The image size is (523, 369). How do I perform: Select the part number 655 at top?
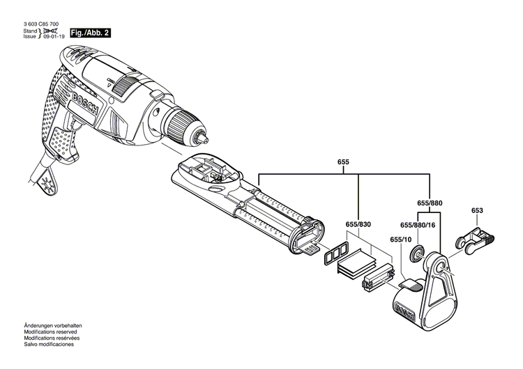(x=343, y=162)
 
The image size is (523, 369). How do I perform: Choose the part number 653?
(x=477, y=210)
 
